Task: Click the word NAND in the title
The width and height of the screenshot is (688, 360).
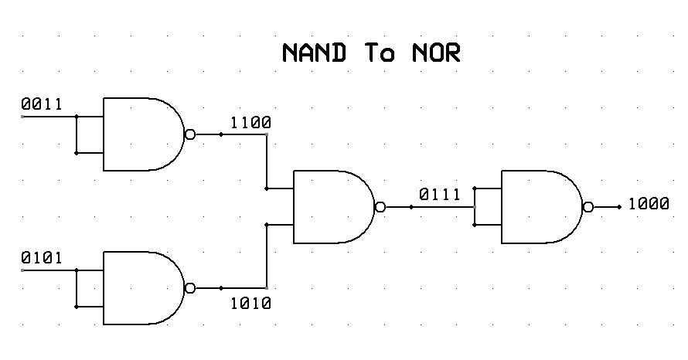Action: tap(314, 53)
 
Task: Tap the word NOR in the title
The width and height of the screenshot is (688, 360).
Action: tap(436, 53)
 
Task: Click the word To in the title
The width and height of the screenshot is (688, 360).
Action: tap(380, 53)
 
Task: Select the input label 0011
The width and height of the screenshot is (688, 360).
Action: tap(42, 104)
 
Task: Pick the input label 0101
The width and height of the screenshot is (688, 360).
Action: tap(42, 257)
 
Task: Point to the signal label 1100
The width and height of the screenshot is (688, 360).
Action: tap(251, 122)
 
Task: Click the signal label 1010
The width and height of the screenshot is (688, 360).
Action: tap(251, 303)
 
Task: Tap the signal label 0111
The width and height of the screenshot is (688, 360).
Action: tap(440, 194)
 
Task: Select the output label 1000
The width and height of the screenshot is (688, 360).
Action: tap(649, 203)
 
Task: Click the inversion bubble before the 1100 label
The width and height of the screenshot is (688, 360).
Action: tap(190, 134)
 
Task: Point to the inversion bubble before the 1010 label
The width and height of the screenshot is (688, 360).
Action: tap(190, 288)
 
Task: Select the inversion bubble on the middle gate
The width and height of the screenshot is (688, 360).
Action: tap(380, 207)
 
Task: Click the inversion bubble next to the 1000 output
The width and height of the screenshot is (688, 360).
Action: tap(588, 207)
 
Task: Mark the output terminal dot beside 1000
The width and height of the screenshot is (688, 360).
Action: tap(619, 207)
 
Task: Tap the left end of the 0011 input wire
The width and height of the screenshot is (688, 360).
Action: tap(22, 117)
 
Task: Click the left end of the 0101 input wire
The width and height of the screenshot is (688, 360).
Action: tap(22, 270)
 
